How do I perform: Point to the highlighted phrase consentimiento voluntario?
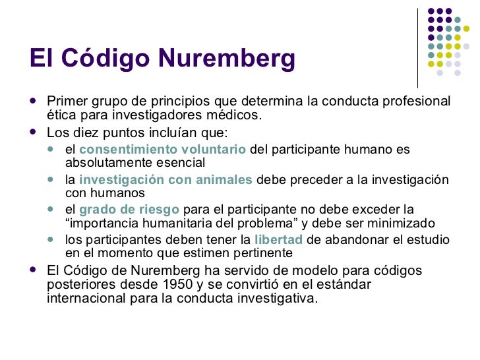pyautogui.click(x=163, y=150)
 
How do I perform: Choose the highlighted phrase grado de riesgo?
pyautogui.click(x=129, y=210)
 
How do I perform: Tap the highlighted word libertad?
pyautogui.click(x=278, y=239)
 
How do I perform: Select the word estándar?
pyautogui.click(x=340, y=284)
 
